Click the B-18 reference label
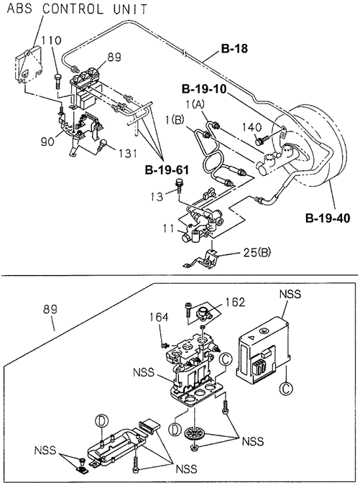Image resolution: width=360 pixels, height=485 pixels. pos(234,49)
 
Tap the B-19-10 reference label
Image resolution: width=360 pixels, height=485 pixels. pos(204,89)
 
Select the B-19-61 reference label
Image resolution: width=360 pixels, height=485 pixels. pos(167,170)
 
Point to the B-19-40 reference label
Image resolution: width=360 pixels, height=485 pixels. pos(328,218)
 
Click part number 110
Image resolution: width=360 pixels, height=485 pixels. pos(52,40)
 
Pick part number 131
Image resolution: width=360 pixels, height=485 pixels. pos(126,153)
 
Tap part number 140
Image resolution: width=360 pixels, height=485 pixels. pos(251,127)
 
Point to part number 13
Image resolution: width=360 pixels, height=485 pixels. pos(157,196)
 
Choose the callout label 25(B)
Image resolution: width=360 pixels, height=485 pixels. pos(257,253)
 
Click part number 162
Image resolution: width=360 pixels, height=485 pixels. pos(235,302)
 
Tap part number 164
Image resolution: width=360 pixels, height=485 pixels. pos(159,317)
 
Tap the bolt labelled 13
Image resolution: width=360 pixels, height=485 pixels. pos(179,185)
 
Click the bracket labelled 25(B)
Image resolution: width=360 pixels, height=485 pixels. pos(204,259)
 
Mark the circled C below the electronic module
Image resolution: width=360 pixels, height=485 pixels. pos(286,388)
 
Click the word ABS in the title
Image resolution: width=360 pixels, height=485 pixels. pos(19,9)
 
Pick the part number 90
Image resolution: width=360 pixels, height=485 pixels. pos(47,142)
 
